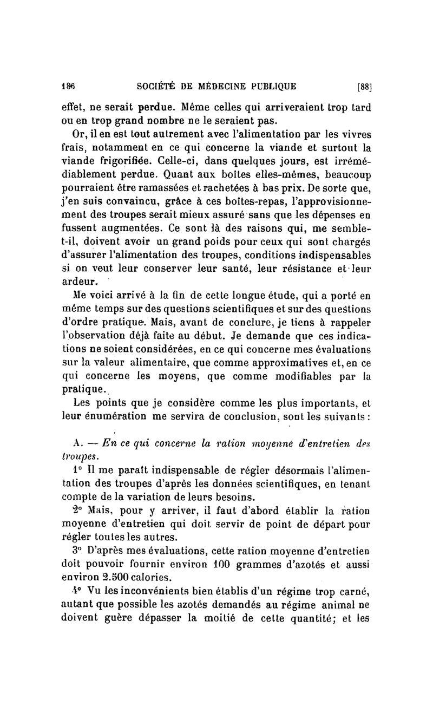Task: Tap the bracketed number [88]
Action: tap(363, 86)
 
